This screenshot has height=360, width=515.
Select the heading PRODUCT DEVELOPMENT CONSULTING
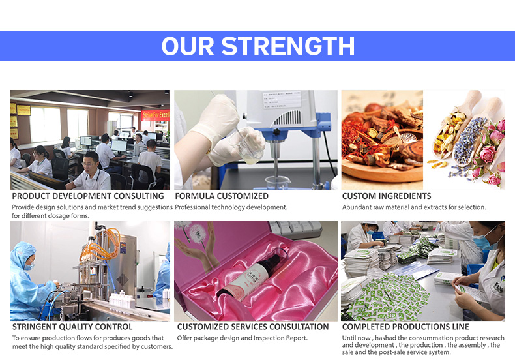(88, 196)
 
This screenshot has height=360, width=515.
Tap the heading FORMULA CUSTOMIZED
(222, 196)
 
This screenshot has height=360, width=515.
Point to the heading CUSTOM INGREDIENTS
(387, 196)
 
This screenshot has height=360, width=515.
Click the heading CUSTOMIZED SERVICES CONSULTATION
(253, 327)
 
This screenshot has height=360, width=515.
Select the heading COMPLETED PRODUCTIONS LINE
(405, 327)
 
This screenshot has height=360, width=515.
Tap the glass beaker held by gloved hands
(252, 147)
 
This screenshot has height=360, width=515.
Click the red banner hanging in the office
(155, 115)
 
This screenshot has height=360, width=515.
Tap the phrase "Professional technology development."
(231, 207)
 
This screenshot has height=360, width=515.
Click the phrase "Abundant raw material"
(376, 207)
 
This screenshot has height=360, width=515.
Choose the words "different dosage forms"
(57, 216)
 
